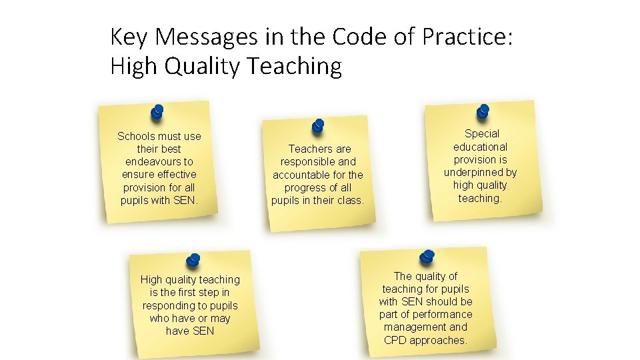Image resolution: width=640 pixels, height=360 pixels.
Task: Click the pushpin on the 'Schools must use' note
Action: click(x=157, y=111)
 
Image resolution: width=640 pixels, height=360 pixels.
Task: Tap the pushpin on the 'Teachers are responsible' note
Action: click(x=318, y=126)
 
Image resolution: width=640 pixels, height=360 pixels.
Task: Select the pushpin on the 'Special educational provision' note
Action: click(x=483, y=111)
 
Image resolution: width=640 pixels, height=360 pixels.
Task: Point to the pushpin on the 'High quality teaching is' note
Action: click(x=193, y=261)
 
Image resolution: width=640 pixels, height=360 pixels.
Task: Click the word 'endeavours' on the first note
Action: click(x=159, y=162)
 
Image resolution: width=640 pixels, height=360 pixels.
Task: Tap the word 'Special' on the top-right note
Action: click(x=482, y=134)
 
